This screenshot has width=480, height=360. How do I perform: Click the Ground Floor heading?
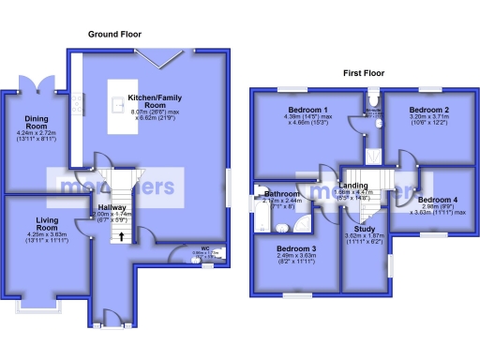coord(114,35)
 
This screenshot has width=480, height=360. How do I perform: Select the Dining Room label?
coord(35,127)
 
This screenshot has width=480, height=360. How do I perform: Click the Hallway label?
coord(112,209)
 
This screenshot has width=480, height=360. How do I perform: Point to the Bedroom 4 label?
coord(437,200)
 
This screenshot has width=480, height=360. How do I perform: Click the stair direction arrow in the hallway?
coord(120,236)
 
